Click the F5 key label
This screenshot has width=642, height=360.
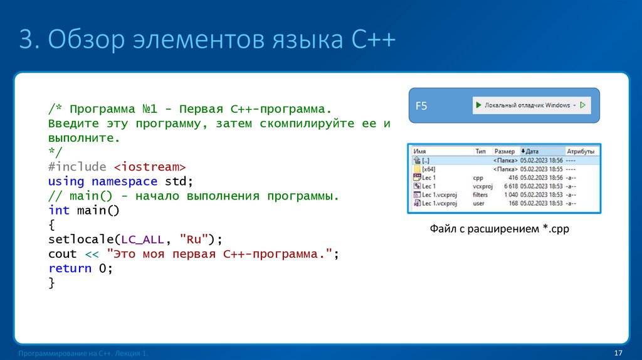coord(421,106)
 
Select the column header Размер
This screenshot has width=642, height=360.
coord(504,151)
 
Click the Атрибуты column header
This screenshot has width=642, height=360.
coord(580,151)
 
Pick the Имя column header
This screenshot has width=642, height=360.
coord(420,151)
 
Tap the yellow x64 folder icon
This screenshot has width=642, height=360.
coord(417,169)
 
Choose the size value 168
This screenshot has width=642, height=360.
coord(512,204)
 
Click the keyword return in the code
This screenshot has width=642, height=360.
coord(70,268)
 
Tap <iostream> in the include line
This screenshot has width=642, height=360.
coord(150,167)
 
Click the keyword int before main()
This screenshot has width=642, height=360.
coord(59,210)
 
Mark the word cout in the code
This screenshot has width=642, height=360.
coord(62,254)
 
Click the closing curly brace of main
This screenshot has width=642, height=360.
coord(51,283)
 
